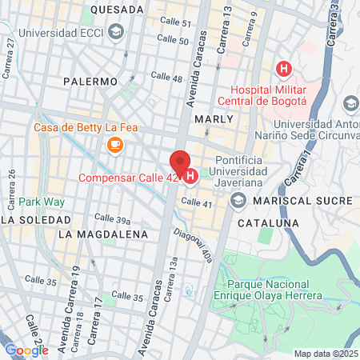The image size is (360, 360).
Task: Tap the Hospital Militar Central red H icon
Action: click(281, 69)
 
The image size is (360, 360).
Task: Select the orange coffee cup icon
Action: click(114, 144)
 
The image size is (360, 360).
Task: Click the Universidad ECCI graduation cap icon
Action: click(116, 32)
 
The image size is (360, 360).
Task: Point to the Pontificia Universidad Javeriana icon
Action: click(238, 202)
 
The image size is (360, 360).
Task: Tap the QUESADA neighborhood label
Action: click(117, 9)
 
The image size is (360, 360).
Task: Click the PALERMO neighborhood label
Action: click(91, 81)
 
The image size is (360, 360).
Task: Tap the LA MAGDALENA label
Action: click(103, 234)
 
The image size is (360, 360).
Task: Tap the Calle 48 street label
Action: click(166, 78)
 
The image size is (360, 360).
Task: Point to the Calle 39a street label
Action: click(113, 218)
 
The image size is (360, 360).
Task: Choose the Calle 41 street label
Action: click(197, 203)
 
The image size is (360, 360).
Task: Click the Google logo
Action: click(26, 350)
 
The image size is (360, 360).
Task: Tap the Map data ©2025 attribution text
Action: click(326, 354)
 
